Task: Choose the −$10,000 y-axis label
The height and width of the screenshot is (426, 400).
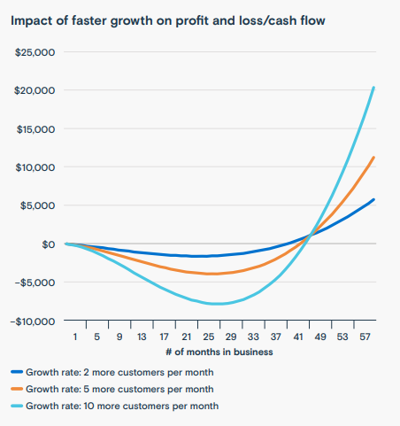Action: (x=34, y=320)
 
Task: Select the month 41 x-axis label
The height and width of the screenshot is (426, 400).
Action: (x=297, y=337)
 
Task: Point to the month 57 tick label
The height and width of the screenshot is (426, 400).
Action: (x=364, y=337)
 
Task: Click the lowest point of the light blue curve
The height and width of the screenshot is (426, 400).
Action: (x=217, y=304)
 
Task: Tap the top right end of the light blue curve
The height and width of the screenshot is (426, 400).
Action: (x=373, y=87)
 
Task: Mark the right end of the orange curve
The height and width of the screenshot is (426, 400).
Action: (x=373, y=157)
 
